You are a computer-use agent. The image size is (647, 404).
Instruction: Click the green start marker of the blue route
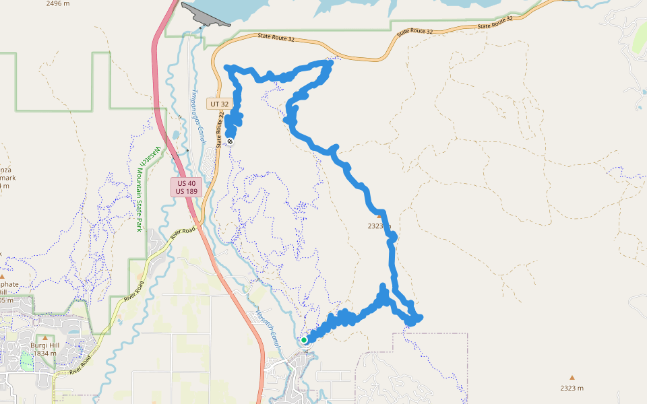click(x=304, y=340)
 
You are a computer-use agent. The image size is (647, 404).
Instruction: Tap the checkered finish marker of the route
click(x=230, y=141)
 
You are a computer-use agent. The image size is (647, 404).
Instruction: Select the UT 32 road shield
click(x=220, y=104)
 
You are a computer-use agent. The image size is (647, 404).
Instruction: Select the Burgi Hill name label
click(x=44, y=345)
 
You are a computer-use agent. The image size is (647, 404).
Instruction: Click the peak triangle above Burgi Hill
click(x=45, y=338)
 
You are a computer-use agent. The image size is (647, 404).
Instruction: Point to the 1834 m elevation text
click(x=44, y=353)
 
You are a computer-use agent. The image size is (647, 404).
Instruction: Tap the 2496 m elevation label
click(x=58, y=3)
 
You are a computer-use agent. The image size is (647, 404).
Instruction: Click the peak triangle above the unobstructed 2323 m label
click(x=572, y=378)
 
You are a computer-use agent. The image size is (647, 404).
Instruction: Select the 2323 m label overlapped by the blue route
click(x=379, y=226)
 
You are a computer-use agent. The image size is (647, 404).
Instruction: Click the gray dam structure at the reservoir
click(x=206, y=16)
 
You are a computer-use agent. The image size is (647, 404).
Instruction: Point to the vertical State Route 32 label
click(x=219, y=131)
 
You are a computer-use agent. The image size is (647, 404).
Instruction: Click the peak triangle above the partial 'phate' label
click(x=2, y=276)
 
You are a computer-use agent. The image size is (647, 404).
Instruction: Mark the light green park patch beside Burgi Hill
click(x=27, y=361)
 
